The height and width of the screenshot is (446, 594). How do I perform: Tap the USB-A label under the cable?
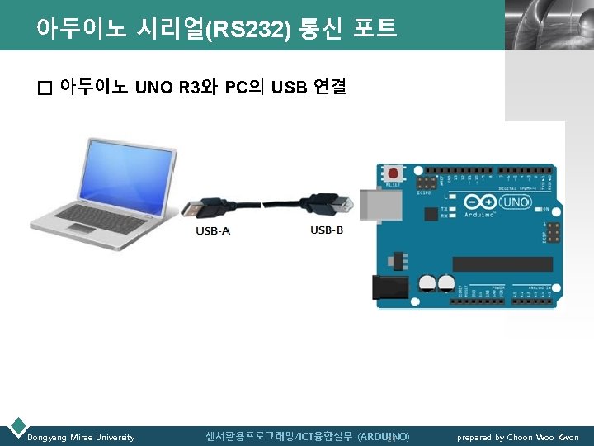(212, 230)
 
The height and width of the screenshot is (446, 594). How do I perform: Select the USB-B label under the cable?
(327, 230)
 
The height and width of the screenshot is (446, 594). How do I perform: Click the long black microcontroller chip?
(503, 263)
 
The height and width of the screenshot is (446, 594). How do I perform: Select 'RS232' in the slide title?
(252, 31)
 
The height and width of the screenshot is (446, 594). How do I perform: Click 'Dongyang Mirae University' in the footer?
(81, 437)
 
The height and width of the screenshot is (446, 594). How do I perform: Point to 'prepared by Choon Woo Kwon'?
(518, 437)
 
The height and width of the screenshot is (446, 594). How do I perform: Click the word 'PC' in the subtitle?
(235, 87)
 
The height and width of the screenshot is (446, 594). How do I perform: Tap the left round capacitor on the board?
(427, 283)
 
